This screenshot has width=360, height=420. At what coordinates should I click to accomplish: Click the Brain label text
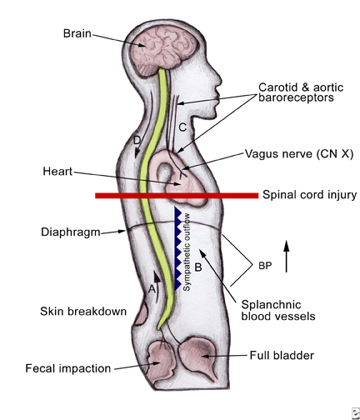pos(77,33)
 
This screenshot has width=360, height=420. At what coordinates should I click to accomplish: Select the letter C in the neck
pos(182,127)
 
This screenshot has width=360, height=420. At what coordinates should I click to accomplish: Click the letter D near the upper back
pos(137,140)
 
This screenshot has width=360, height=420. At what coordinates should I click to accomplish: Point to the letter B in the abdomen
pos(198,267)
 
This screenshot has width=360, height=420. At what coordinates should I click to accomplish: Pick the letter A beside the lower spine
pos(152,289)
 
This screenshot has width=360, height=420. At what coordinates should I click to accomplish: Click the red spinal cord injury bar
pos(177,196)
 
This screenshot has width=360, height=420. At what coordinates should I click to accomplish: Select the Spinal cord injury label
pos(309,195)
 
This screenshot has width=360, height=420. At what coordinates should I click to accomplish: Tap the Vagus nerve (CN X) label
pos(299,153)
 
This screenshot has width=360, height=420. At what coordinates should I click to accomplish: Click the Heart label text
pos(57,171)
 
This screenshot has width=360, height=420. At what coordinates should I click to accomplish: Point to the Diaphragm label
pos(71,232)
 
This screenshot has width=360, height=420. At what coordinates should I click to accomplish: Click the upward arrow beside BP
pos(287,256)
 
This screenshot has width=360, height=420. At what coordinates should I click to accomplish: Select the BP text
pos(265,266)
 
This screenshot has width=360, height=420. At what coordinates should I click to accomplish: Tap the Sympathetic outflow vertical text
pos(187,252)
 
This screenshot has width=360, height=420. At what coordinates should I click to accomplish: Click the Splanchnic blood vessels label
pos(278,310)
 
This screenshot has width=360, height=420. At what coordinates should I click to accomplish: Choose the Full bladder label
pos(282,355)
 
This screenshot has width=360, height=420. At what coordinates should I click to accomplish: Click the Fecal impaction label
pos(68,368)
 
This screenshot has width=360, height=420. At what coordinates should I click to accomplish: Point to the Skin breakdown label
pos(83,311)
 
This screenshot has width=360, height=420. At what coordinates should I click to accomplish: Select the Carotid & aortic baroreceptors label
pos(301,92)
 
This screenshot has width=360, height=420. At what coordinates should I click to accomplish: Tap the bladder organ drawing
pos(198,357)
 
